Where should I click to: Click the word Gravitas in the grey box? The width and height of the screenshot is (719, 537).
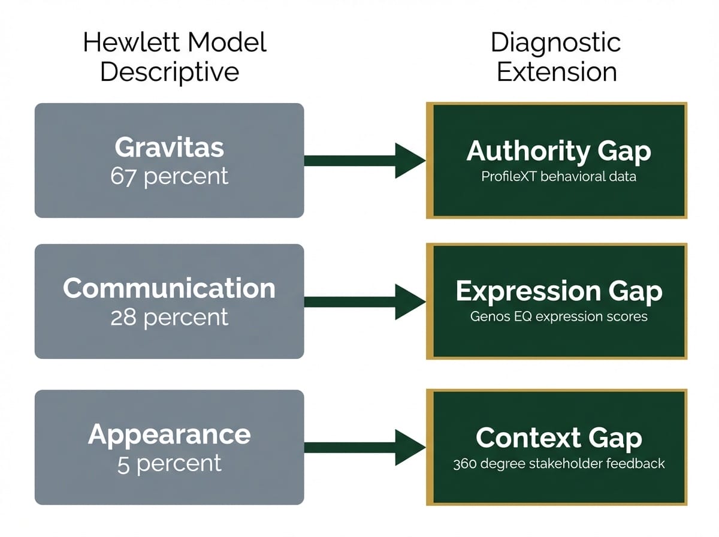click(x=169, y=148)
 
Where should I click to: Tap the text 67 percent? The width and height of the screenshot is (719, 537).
click(x=169, y=176)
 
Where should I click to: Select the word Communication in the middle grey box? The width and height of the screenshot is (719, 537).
click(x=169, y=289)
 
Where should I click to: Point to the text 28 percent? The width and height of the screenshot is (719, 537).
click(x=169, y=317)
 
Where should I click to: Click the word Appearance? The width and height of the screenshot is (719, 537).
click(x=169, y=435)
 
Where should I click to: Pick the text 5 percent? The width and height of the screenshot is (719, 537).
click(x=169, y=463)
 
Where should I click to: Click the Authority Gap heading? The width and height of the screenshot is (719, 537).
click(x=558, y=151)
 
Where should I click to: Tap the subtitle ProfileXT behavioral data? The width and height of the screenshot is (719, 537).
click(x=558, y=178)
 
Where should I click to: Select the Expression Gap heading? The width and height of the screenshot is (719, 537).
click(x=558, y=291)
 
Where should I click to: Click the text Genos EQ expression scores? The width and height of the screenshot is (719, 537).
click(x=558, y=316)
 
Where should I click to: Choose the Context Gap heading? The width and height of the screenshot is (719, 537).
click(x=558, y=438)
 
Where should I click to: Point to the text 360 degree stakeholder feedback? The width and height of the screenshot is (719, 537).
click(x=558, y=463)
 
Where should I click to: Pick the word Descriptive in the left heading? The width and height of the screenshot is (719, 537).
click(x=170, y=72)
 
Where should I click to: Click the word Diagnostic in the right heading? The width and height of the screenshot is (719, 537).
click(x=555, y=43)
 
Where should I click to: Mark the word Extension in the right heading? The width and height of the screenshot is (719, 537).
click(x=557, y=72)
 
